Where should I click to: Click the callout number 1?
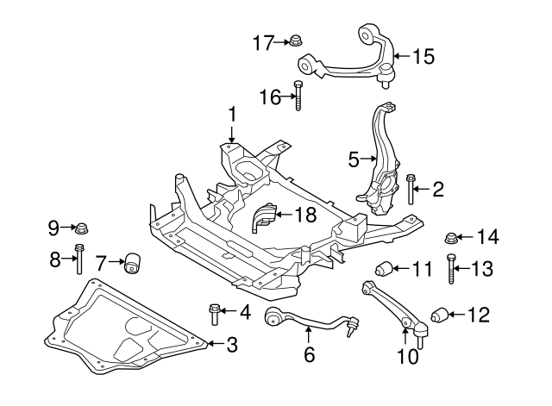[231, 115]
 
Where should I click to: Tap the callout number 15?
[423, 57]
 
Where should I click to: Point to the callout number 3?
[231, 346]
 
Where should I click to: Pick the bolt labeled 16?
[298, 96]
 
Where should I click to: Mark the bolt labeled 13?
[451, 271]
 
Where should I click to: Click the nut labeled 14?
[449, 237]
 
